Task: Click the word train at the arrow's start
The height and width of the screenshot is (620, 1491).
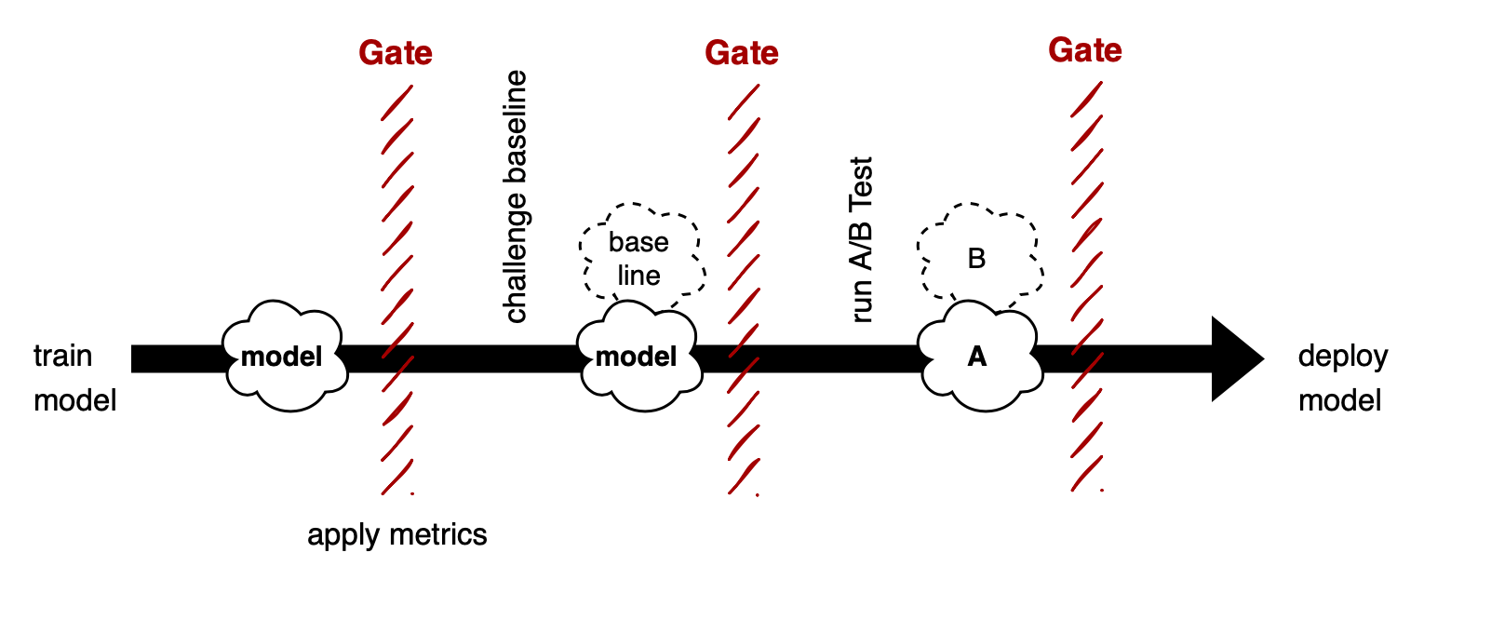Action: pos(62,357)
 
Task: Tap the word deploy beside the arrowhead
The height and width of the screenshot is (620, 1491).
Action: pos(1342,357)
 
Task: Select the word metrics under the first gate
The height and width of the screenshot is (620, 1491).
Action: pos(438,535)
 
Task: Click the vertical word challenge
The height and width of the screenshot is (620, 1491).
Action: pos(516,254)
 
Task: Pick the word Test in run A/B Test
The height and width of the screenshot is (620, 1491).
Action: pos(862,178)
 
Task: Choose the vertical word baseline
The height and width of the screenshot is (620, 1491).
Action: pos(516,126)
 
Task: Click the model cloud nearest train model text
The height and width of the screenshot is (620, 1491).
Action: pos(283,357)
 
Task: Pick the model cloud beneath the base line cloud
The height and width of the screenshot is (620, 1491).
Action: pos(638,357)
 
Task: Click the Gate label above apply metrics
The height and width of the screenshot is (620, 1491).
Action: pos(396,53)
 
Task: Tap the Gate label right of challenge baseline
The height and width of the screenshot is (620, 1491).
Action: pos(742,53)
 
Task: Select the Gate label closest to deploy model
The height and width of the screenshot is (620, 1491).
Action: pos(1085,50)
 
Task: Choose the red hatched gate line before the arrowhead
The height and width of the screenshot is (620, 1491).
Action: pos(1086,279)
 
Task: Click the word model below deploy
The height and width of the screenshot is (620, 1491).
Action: pos(1339,401)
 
